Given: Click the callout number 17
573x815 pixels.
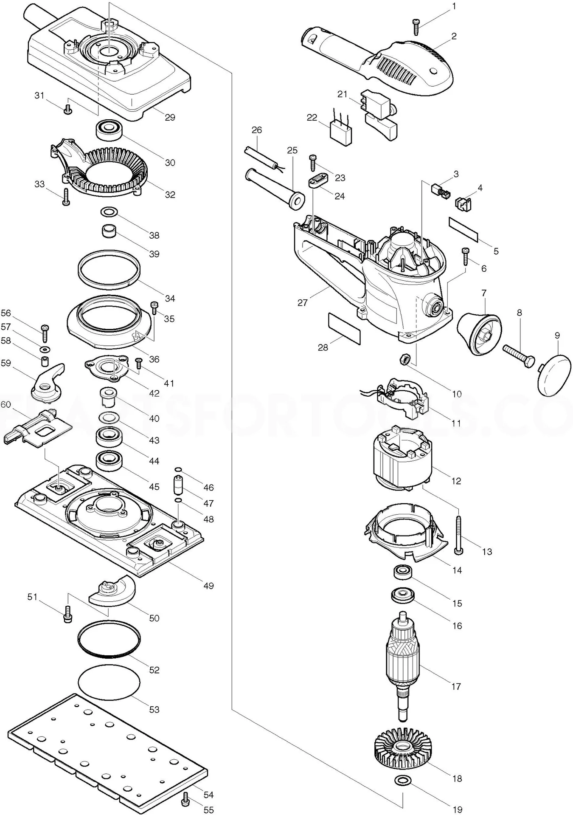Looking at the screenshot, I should click(456, 687).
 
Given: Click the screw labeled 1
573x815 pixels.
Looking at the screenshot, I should click(416, 26).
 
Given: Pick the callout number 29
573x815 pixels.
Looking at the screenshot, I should click(170, 118).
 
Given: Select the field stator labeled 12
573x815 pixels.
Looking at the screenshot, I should click(402, 460).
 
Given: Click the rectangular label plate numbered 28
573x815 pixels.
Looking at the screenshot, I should click(344, 329).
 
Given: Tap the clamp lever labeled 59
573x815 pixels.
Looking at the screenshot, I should click(46, 384).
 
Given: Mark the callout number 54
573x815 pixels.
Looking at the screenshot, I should click(208, 795).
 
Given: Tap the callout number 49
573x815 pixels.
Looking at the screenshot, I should click(208, 586).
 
